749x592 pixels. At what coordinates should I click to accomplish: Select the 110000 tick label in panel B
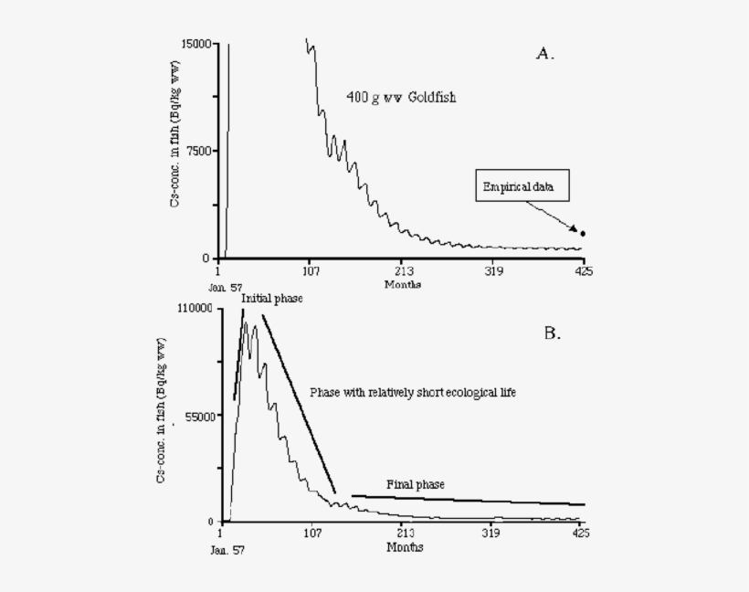point(195,309)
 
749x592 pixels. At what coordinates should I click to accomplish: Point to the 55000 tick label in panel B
point(197,416)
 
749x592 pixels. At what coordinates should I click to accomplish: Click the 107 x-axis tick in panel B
point(312,534)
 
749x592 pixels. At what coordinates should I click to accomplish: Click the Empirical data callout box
point(525,188)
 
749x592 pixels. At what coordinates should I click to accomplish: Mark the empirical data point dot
point(583,234)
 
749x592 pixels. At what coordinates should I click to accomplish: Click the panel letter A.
point(544,54)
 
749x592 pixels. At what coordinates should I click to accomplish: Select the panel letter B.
point(552,333)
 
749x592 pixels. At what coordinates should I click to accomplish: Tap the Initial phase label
point(271,299)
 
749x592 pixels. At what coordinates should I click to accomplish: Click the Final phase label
point(416,484)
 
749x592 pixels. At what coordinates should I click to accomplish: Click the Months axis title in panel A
point(403,284)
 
